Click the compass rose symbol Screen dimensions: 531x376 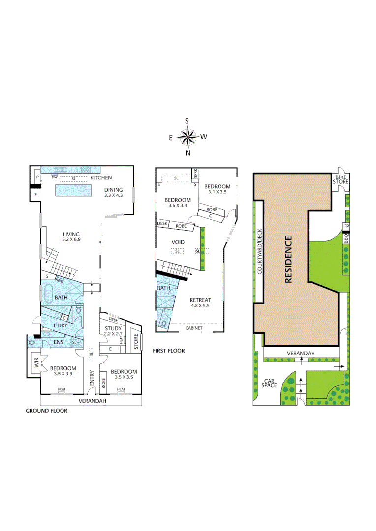click(187, 137)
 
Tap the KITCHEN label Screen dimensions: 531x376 click(100, 178)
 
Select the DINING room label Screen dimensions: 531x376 click(113, 190)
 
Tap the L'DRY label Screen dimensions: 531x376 click(62, 326)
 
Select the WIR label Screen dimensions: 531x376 click(36, 363)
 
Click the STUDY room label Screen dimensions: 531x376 click(113, 328)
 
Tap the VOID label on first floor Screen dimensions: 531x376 click(178, 242)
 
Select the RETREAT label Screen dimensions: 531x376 click(200, 300)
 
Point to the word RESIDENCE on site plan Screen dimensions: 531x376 click(289, 260)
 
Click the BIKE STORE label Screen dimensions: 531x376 click(342, 179)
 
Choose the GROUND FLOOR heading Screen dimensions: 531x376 click(46, 411)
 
